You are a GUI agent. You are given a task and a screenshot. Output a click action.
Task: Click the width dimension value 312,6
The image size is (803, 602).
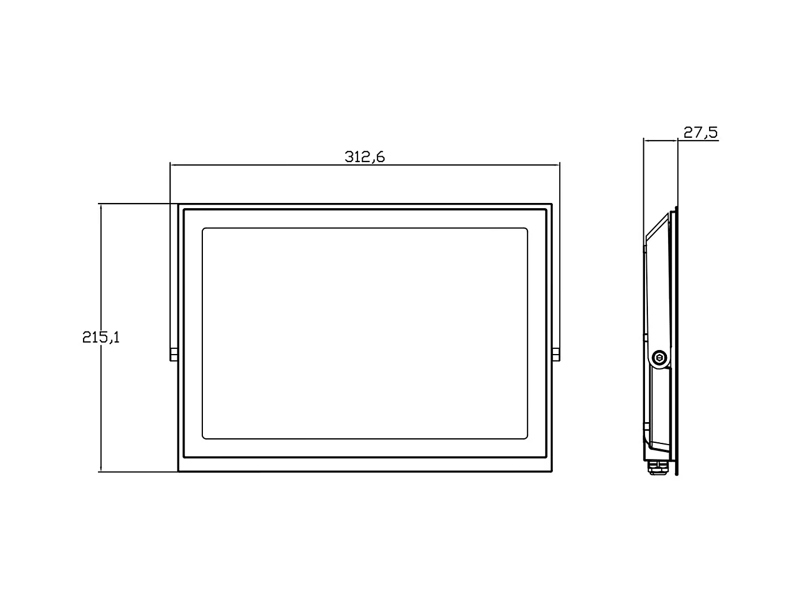point(364,157)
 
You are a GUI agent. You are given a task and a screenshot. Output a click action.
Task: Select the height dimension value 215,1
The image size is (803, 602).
point(101,337)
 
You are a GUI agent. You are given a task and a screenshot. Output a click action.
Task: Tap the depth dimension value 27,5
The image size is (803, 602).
point(700,133)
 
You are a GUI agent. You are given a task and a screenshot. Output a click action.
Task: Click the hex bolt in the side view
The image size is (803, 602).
point(659,359)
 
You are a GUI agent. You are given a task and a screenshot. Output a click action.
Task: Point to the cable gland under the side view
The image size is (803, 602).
point(657,466)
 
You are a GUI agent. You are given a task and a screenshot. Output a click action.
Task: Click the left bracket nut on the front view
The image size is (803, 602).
point(174,355)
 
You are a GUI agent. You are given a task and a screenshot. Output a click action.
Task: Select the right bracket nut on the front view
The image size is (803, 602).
point(556,355)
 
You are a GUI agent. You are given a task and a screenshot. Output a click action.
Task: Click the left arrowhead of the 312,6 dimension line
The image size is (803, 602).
point(172,165)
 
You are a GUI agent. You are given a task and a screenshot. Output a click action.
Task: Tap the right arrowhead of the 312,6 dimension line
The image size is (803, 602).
point(557,165)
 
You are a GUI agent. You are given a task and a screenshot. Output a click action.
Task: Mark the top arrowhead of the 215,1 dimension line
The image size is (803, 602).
point(101,206)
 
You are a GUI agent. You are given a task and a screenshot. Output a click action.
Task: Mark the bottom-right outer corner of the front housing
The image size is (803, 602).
point(552,472)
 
